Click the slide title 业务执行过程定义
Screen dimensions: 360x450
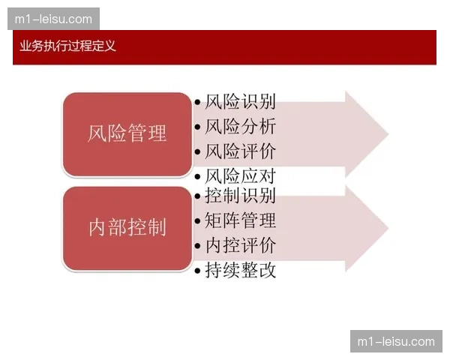click(68, 46)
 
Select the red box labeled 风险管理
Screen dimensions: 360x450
click(127, 134)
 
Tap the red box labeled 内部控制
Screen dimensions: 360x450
click(127, 228)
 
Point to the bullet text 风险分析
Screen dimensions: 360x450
click(240, 127)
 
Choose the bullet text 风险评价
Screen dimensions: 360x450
click(240, 151)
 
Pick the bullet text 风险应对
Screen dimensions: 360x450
click(240, 177)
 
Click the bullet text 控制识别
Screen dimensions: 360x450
click(240, 196)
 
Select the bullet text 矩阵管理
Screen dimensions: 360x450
click(240, 220)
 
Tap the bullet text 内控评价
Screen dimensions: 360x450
click(240, 245)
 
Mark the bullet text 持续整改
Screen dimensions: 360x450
click(240, 270)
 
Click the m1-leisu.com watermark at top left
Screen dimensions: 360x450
click(53, 19)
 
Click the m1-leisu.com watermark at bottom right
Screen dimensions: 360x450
click(396, 341)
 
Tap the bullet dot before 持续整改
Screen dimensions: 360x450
click(197, 271)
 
